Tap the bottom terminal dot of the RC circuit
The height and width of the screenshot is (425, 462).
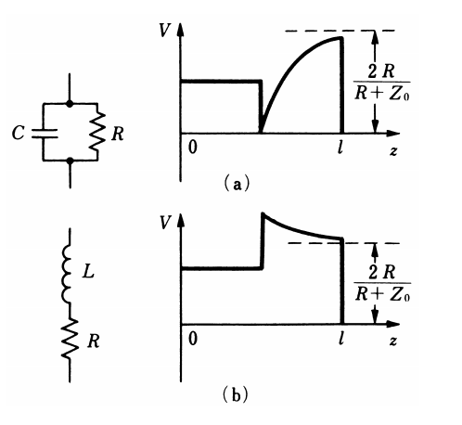pos(69,161)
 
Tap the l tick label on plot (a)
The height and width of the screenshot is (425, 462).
pos(343,148)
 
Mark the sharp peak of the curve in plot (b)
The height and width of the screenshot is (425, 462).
pos(263,214)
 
